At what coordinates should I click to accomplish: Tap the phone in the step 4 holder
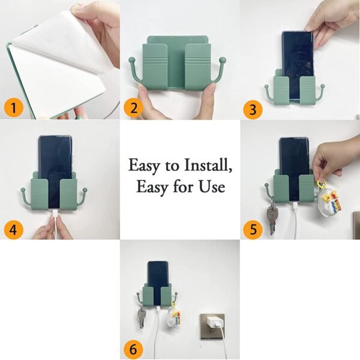coord(55,156)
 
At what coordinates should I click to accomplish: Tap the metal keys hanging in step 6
coord(142,317)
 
